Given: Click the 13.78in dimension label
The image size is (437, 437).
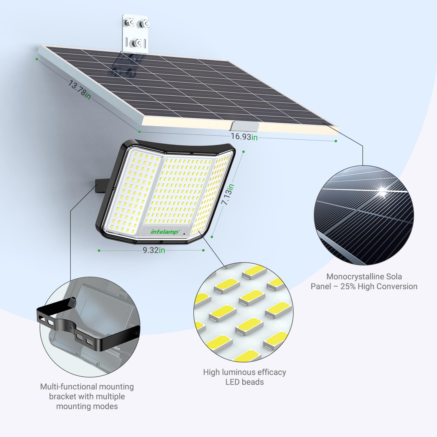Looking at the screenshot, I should click(x=79, y=90).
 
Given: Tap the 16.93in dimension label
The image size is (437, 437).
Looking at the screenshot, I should click(x=244, y=136).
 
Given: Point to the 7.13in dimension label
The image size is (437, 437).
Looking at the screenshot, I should click(x=228, y=194).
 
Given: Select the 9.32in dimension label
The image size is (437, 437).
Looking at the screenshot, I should click(x=154, y=250).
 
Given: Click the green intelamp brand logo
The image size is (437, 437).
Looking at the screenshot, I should click(x=164, y=232).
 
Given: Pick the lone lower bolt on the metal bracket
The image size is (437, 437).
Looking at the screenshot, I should click(x=136, y=43).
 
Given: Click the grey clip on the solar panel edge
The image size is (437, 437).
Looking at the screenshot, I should click(x=244, y=126).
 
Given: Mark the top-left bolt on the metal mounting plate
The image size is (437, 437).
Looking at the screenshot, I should click(x=128, y=22).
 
